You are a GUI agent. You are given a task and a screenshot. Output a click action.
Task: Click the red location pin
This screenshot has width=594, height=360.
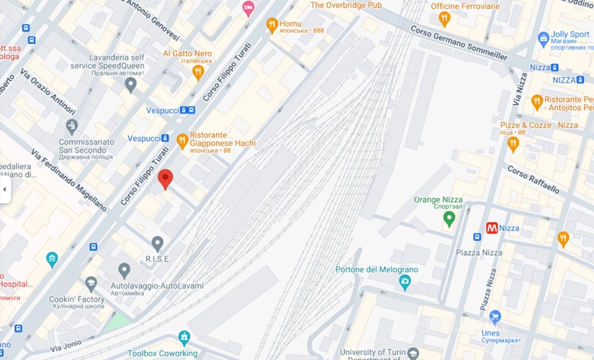(x=166, y=179)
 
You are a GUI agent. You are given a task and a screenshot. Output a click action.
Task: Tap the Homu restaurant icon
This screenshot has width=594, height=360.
(x=271, y=25)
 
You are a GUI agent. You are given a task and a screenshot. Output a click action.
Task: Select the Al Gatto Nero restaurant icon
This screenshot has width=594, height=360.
(x=199, y=72)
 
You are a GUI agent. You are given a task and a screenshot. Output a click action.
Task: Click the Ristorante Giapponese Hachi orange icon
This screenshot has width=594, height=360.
(x=182, y=140)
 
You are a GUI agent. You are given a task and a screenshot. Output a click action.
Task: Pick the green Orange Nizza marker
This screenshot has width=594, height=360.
(x=450, y=218)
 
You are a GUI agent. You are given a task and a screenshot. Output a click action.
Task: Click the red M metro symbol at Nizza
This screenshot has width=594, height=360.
(x=492, y=228)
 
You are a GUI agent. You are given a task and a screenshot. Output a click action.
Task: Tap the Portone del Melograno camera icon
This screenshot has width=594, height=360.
(x=405, y=282)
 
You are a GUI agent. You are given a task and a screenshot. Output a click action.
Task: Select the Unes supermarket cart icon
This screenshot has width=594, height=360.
(x=495, y=317)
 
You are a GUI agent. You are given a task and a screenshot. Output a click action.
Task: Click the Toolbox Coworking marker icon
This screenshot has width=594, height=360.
(x=185, y=338)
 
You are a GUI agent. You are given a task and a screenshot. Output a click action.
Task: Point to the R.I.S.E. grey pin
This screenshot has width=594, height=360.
(x=157, y=244)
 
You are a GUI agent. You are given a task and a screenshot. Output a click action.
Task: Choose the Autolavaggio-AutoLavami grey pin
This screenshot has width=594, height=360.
(x=125, y=271)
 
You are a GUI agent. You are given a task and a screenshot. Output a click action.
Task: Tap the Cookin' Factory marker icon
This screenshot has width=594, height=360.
(x=91, y=284)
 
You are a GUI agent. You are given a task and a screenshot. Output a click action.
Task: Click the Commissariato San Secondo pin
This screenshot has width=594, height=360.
(x=71, y=127)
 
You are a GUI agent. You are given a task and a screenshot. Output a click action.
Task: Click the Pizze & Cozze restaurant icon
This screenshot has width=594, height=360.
(x=513, y=144)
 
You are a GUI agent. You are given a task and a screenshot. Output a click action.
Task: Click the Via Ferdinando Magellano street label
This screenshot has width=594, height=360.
(x=68, y=180)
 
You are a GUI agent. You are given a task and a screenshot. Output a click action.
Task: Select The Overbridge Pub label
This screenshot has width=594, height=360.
(x=346, y=5)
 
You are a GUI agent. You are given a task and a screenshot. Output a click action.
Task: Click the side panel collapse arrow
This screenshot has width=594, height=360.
(x=4, y=189)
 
